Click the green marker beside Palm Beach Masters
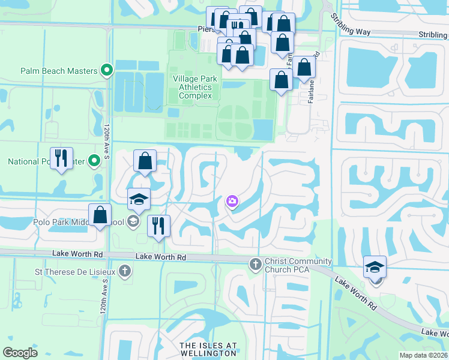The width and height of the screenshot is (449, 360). [x=107, y=71]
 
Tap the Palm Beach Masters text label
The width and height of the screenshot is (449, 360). [x=59, y=71]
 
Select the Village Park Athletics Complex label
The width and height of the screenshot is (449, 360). [x=192, y=87]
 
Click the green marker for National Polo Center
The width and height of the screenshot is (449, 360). [x=94, y=161]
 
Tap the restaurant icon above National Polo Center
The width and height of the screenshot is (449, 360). [x=61, y=158]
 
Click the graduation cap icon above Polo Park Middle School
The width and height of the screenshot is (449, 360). [x=139, y=199]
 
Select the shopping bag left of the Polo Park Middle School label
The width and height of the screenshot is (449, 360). [x=100, y=215]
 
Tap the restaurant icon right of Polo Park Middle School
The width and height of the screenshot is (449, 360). [x=158, y=226]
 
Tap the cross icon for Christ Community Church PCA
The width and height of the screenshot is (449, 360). [x=255, y=263]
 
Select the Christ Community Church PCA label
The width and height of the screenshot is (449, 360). [x=298, y=266]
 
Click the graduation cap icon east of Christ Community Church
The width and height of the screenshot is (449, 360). [x=375, y=266]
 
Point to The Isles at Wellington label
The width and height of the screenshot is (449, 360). [x=208, y=350]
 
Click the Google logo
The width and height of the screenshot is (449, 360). [x=20, y=353]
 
